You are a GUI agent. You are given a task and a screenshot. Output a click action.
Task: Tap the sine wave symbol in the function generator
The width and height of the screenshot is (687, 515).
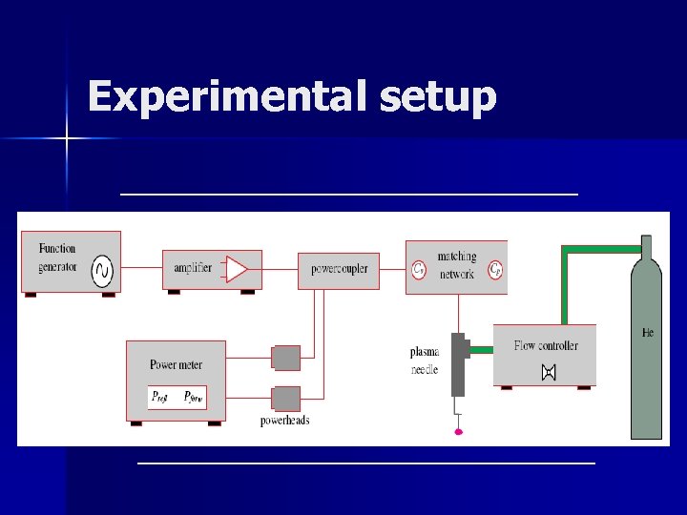(101, 274)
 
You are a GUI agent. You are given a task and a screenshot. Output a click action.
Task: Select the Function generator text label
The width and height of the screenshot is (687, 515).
(57, 257)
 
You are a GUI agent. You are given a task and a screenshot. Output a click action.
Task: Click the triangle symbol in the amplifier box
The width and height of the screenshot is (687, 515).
(236, 269)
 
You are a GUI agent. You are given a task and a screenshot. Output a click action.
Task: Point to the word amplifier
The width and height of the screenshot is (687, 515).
(193, 269)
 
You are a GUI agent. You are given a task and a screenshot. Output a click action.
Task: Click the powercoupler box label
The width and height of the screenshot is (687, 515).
(339, 269)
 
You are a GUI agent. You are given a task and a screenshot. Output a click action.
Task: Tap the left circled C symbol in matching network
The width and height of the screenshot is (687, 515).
(418, 270)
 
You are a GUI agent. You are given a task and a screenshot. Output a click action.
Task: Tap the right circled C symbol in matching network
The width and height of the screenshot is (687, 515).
(495, 270)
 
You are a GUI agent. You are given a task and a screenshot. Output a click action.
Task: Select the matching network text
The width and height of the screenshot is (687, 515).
(457, 266)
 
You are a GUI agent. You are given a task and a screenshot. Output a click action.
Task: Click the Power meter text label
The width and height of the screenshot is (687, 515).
(176, 364)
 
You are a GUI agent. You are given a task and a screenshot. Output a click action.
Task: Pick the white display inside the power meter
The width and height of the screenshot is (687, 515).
(177, 397)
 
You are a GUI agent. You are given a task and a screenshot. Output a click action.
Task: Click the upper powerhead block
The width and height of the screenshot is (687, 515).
(285, 358)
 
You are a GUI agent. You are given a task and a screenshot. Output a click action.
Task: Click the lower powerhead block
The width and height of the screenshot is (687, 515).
(285, 398)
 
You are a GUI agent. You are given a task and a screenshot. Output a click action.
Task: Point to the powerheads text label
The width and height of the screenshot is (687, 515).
(284, 421)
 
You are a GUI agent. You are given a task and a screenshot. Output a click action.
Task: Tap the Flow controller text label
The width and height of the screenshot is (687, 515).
(546, 345)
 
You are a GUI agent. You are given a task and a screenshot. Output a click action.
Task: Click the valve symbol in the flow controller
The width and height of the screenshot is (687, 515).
(548, 373)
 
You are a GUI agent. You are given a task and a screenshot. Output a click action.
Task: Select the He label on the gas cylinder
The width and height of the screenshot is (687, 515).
(647, 333)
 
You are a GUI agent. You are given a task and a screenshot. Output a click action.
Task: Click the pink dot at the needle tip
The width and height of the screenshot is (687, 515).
(459, 432)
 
